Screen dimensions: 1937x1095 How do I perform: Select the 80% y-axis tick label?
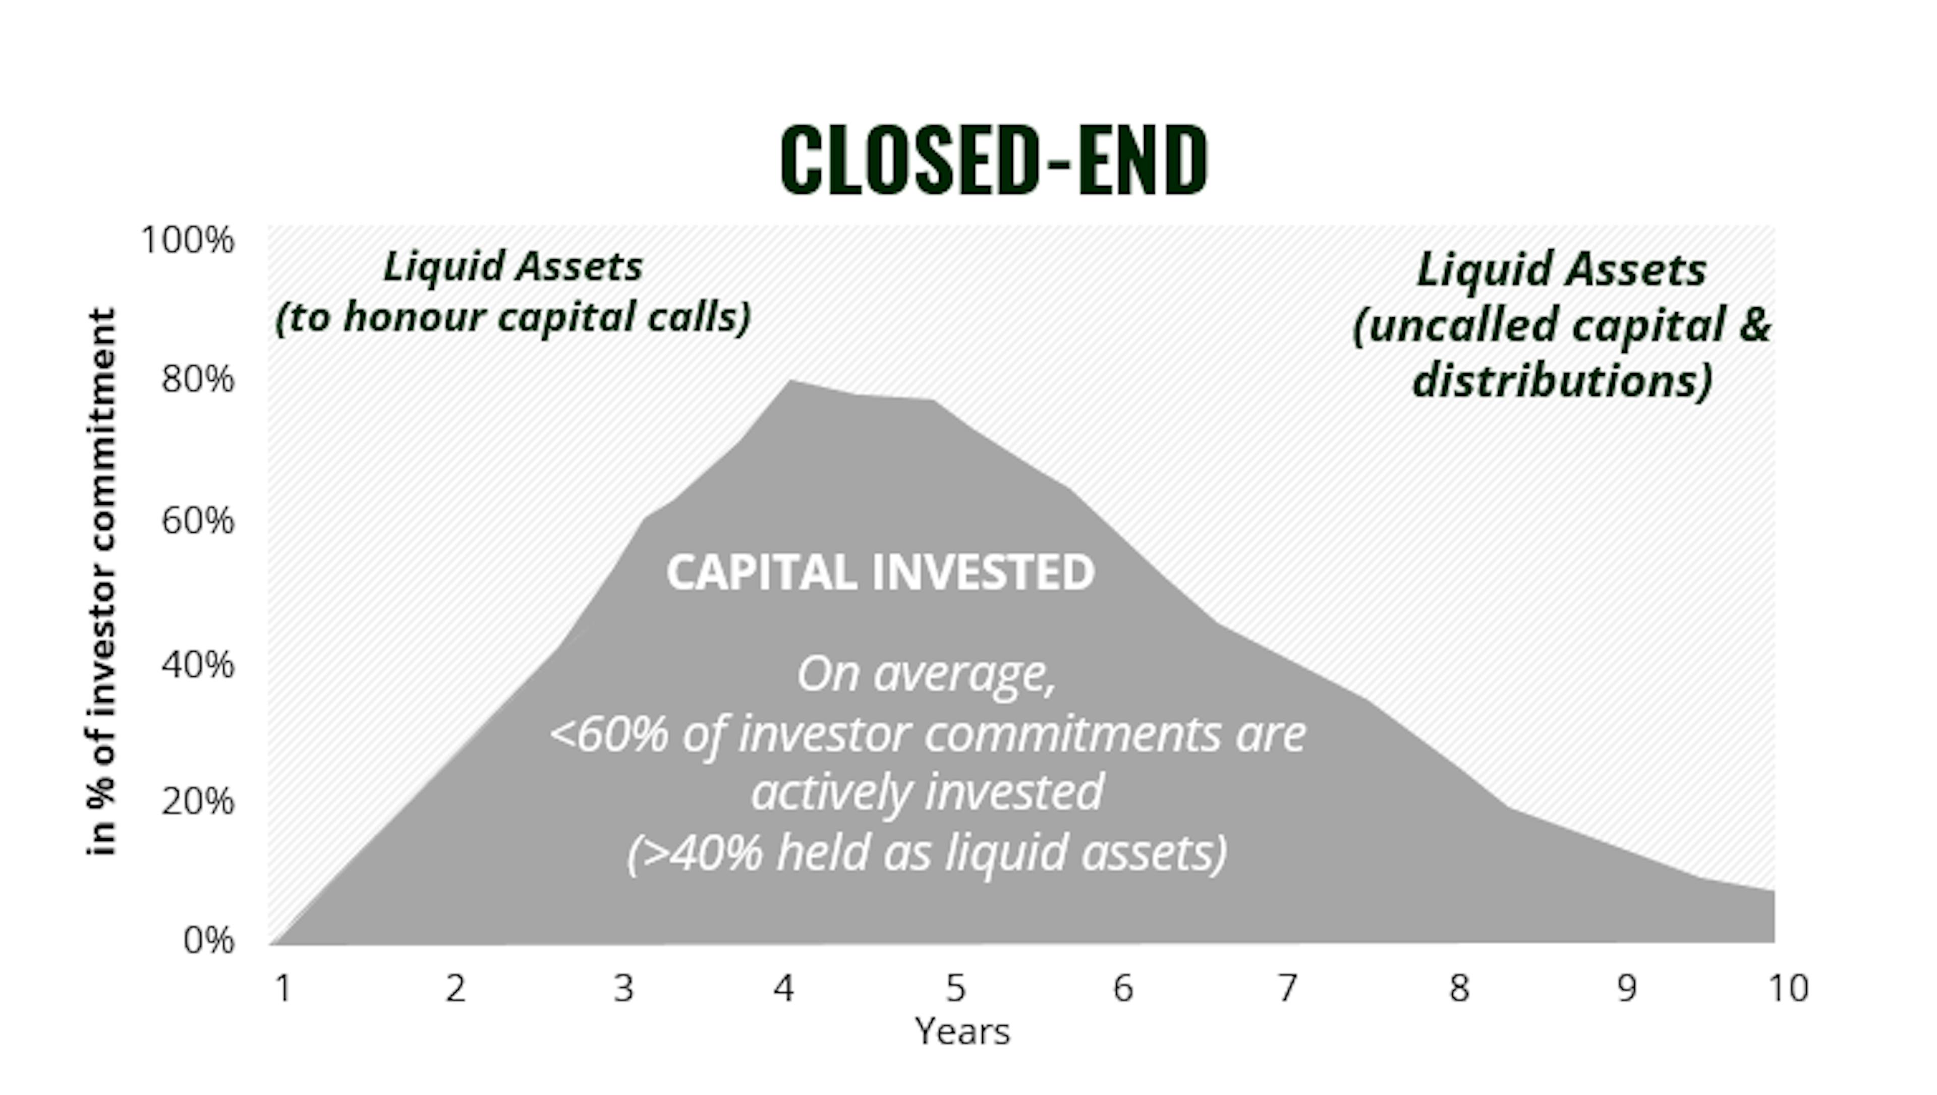pyautogui.click(x=198, y=379)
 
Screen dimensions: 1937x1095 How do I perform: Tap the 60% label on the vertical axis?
pyautogui.click(x=198, y=521)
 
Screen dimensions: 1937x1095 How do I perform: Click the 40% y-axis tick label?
pyautogui.click(x=198, y=665)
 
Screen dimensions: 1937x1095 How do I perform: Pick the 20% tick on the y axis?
pyautogui.click(x=198, y=801)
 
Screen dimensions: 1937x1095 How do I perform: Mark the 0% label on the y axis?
pyautogui.click(x=209, y=940)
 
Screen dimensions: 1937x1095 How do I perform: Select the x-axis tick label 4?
pyautogui.click(x=783, y=988)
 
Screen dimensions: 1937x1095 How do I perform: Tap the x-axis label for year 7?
pyautogui.click(x=1288, y=988)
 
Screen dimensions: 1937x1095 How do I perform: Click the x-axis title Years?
pyautogui.click(x=962, y=1031)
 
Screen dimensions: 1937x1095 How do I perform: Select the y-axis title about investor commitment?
pyautogui.click(x=101, y=582)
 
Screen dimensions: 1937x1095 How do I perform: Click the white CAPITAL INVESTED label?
pyautogui.click(x=881, y=572)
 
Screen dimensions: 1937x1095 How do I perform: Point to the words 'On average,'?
pyautogui.click(x=927, y=674)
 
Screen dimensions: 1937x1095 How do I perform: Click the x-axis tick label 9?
pyautogui.click(x=1626, y=988)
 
